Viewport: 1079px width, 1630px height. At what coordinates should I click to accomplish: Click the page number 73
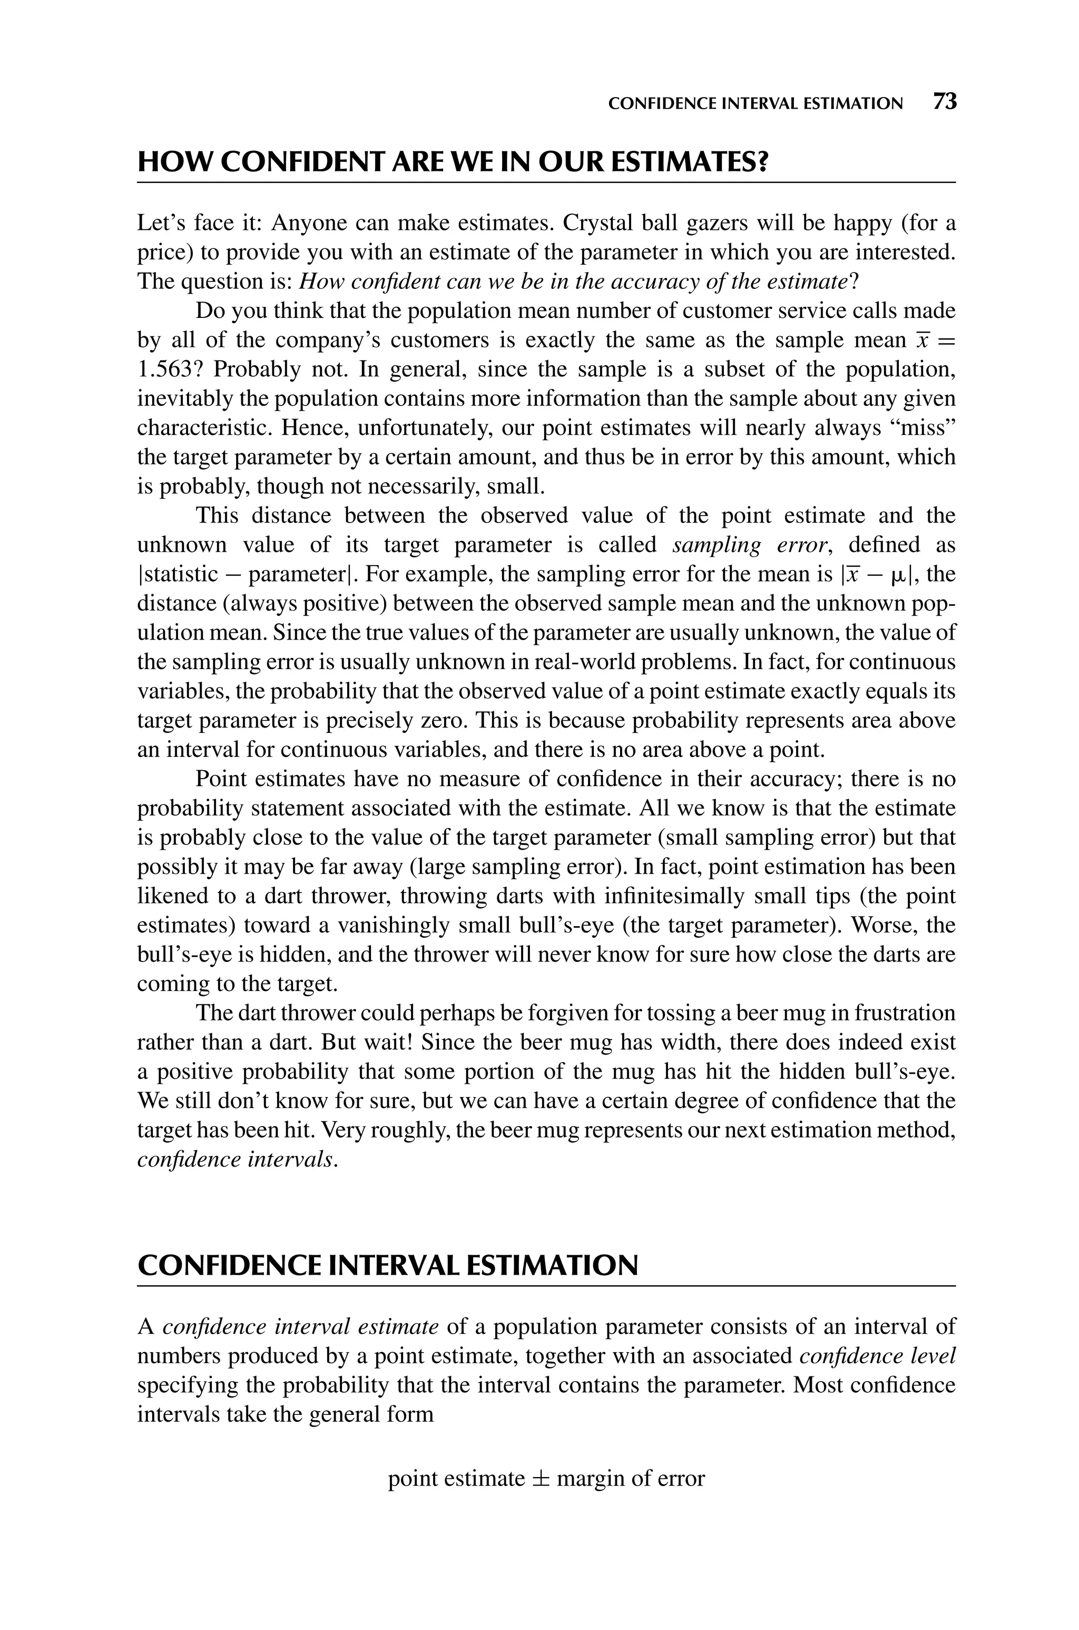point(945,102)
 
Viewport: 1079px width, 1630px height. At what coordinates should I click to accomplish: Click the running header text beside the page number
point(756,104)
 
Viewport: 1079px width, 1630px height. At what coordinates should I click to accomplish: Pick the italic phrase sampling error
point(749,545)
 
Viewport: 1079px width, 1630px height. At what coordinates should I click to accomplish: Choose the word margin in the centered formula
point(591,1479)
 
